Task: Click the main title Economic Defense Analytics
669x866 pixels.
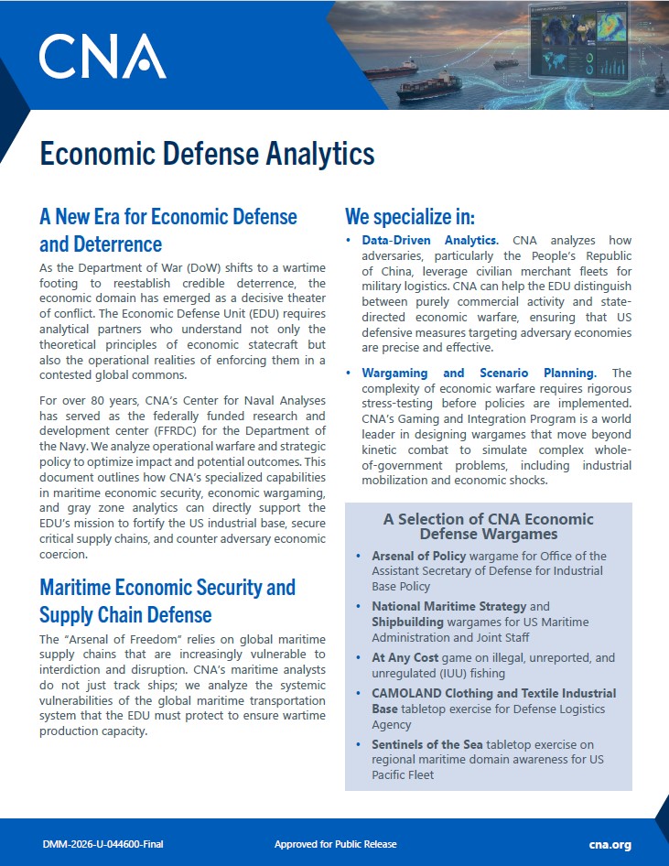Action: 207,153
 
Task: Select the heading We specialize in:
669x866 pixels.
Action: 410,217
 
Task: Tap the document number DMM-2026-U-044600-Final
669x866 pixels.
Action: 103,844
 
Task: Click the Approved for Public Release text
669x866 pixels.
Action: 336,844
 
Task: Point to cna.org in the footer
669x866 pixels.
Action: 610,844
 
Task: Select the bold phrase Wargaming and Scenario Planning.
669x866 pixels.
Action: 479,373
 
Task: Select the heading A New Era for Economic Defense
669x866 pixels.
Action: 168,217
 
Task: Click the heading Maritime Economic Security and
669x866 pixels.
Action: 167,587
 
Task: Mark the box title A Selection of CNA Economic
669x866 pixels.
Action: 488,519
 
